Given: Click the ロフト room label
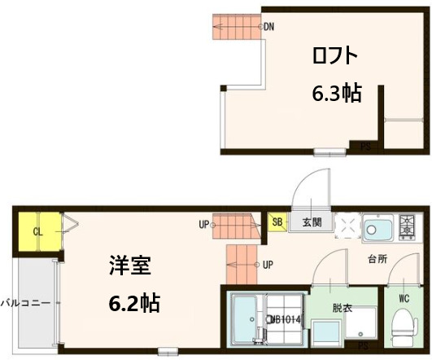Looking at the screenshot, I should click(x=334, y=56).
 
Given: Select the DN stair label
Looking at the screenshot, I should click(x=268, y=27).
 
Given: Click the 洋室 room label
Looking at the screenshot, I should click(x=131, y=266).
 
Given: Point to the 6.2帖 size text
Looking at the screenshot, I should click(x=134, y=304).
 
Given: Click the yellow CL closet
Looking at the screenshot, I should click(x=37, y=231).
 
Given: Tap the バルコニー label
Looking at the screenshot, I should click(x=25, y=302).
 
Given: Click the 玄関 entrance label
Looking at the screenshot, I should click(x=312, y=222).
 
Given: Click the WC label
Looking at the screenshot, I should click(x=403, y=298).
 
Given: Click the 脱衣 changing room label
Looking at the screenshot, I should click(x=343, y=309).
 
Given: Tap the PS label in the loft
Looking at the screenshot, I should click(x=365, y=147).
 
